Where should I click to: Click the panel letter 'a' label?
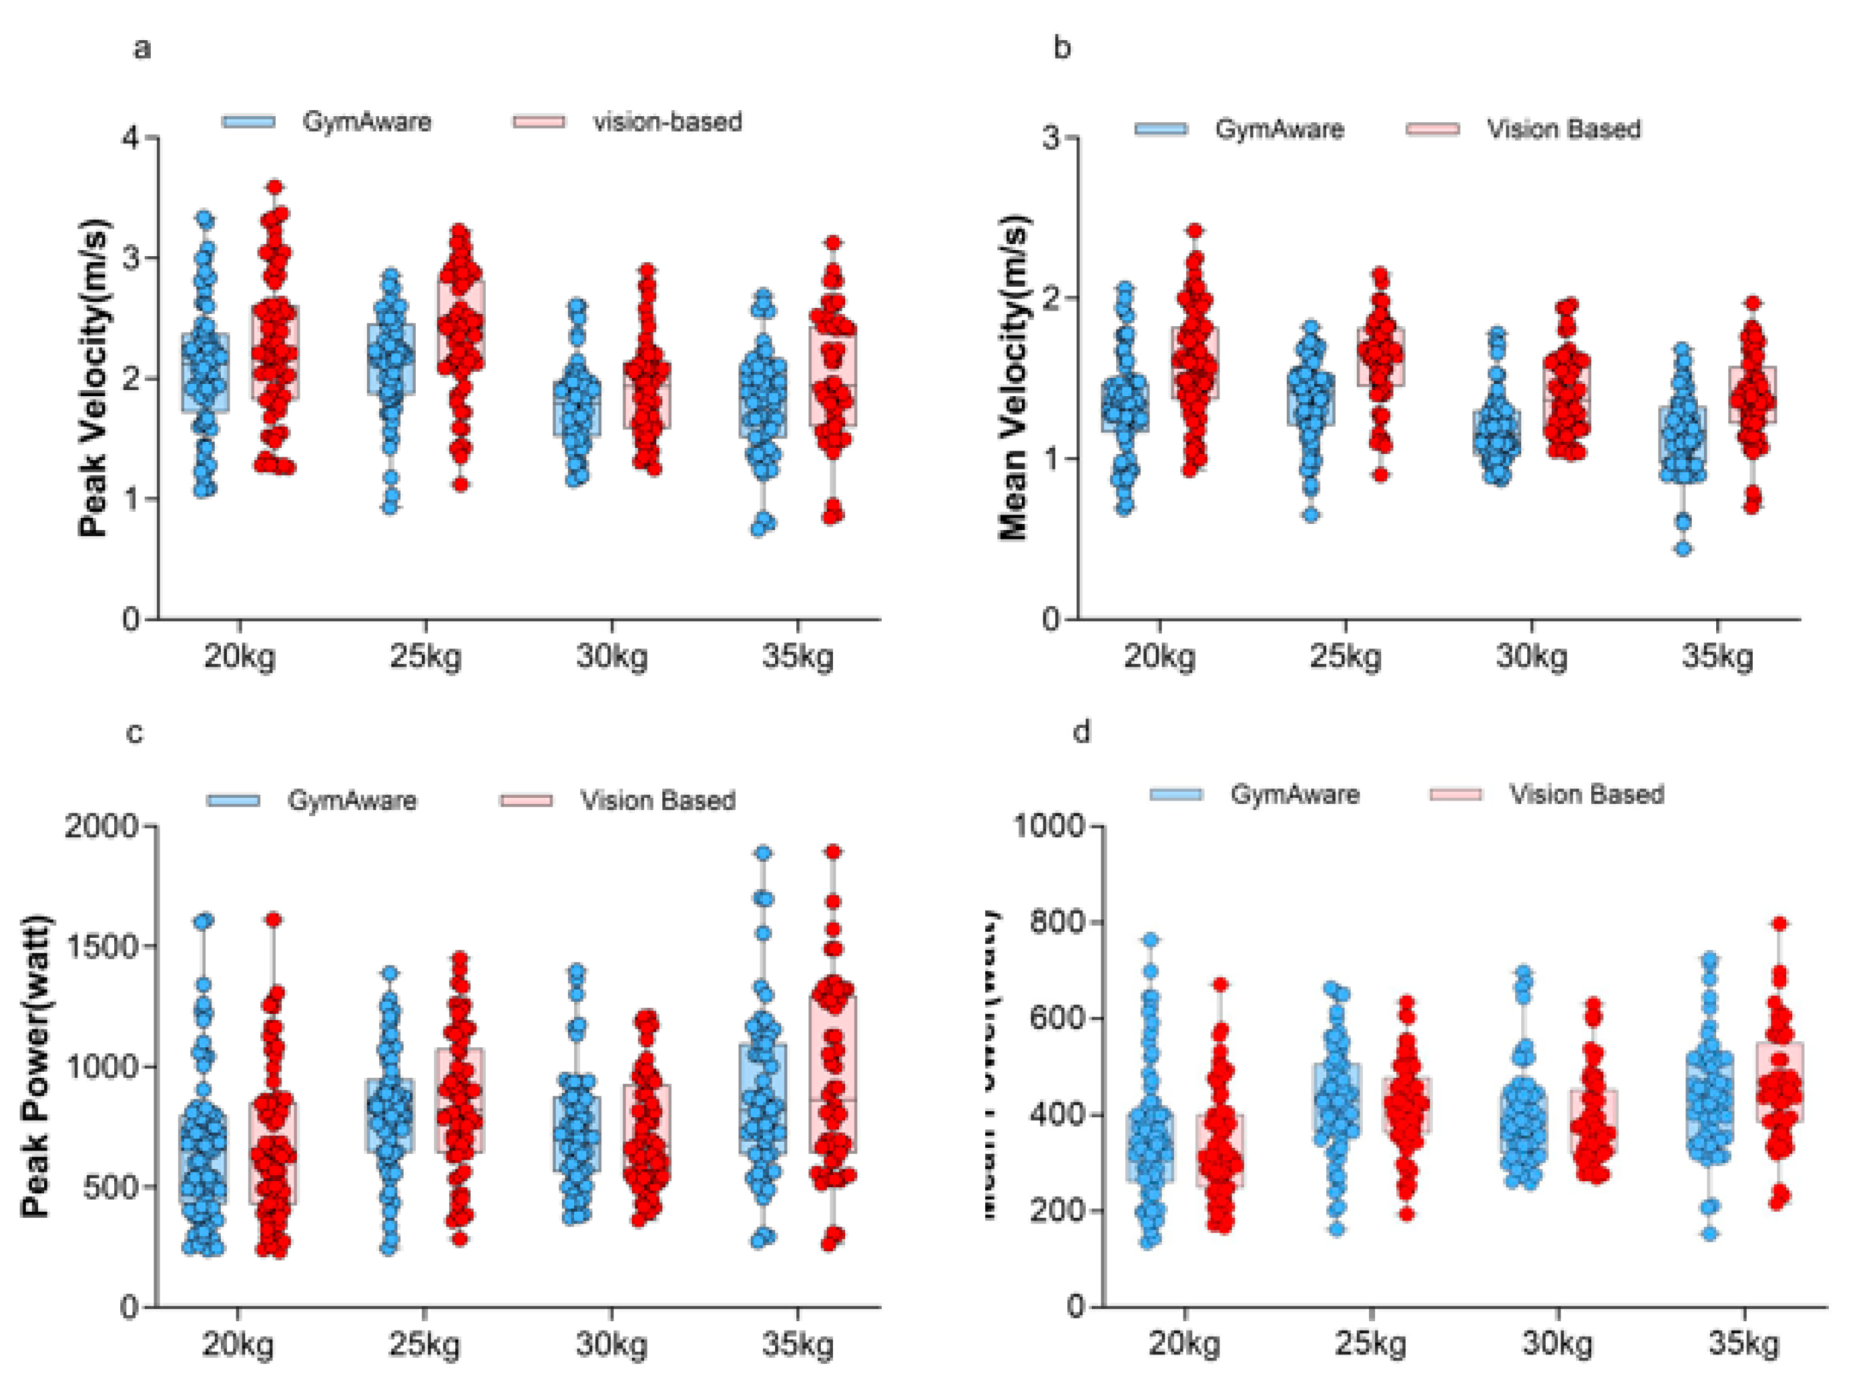point(142,48)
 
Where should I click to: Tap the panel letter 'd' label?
point(1082,732)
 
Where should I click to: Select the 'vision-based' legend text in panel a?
point(667,122)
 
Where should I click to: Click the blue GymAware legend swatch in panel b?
point(1161,129)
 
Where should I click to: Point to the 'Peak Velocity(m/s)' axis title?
point(94,378)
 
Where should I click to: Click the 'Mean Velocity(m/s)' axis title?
point(1013,378)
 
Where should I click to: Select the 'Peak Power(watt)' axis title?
point(35,1067)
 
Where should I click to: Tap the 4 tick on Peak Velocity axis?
point(131,137)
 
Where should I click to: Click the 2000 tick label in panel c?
point(101,826)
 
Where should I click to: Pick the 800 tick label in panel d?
point(1056,922)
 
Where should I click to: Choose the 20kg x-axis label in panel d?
point(1184,1344)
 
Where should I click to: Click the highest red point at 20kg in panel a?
point(274,187)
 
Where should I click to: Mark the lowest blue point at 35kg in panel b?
point(1683,549)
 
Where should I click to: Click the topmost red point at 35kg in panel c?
point(833,852)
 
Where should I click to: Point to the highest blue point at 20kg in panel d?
point(1151,941)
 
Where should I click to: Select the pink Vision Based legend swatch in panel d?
point(1455,794)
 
